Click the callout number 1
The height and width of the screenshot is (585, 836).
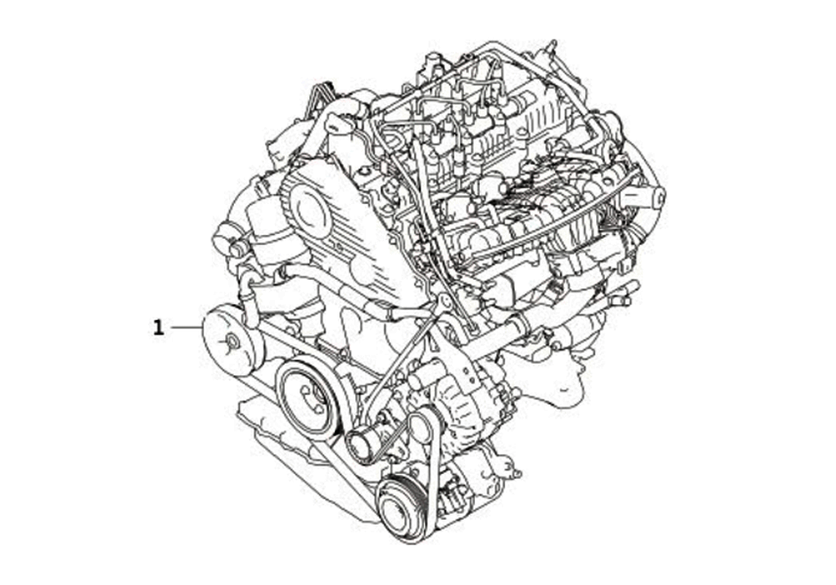pyautogui.click(x=158, y=328)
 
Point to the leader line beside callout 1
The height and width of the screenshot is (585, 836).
pyautogui.click(x=185, y=328)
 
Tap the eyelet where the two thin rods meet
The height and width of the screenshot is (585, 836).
pyautogui.click(x=444, y=299)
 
